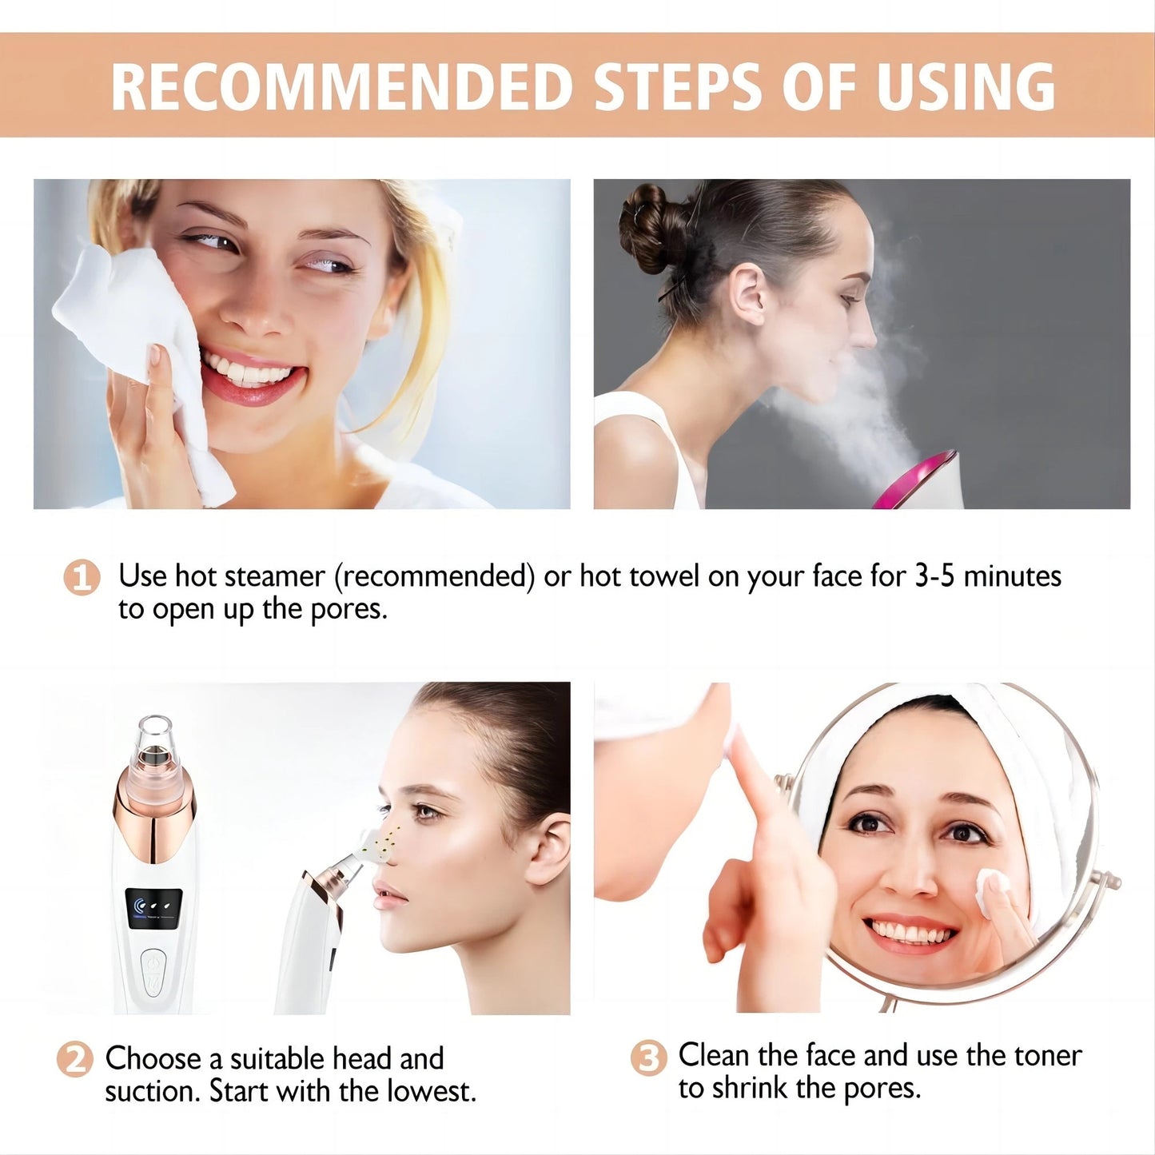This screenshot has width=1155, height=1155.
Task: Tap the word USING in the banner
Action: point(966,86)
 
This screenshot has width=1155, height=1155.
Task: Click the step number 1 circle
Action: point(82,577)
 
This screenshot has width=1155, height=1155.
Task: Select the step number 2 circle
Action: point(75,1060)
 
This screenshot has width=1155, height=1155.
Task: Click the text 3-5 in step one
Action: point(934,576)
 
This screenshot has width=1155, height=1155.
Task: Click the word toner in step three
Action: point(1047,1056)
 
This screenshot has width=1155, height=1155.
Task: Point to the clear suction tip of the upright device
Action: point(154,735)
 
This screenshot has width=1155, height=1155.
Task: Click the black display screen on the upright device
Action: point(154,908)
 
